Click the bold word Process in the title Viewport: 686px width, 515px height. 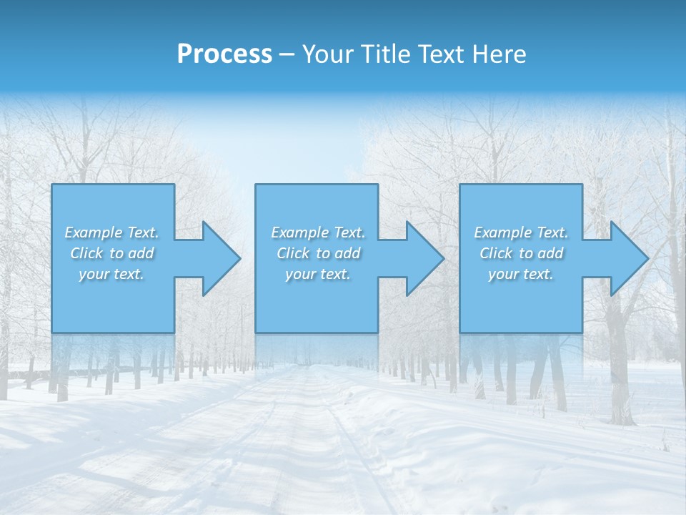pos(224,54)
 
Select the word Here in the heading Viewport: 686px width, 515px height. pos(498,54)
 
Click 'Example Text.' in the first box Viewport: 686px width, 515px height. pos(111,232)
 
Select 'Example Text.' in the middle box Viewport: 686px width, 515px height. pos(318,232)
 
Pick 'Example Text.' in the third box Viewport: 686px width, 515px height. pos(521,232)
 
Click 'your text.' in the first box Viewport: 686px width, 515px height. pos(111,274)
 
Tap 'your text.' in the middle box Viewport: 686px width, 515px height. pos(318,274)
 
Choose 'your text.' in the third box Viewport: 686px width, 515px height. pos(521,274)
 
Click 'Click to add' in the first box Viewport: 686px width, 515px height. pos(111,253)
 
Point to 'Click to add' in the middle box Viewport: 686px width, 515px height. pos(318,253)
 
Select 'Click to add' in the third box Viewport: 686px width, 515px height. pos(521,253)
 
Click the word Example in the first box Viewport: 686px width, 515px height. pos(94,232)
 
